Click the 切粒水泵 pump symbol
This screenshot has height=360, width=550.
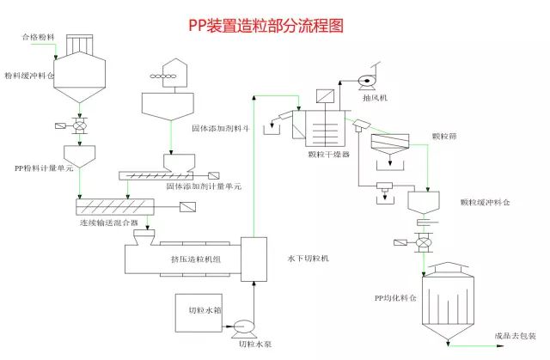pyautogui.click(x=241, y=327)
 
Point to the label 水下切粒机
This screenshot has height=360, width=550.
pyautogui.click(x=307, y=258)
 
